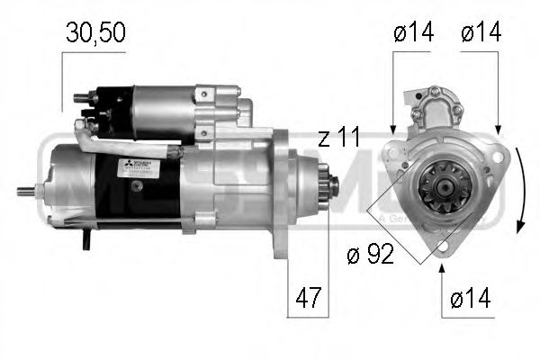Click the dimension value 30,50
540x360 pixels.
94,33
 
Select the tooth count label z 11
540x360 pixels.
338,139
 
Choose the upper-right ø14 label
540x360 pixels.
482,33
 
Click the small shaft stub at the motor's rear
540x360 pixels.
35,190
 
